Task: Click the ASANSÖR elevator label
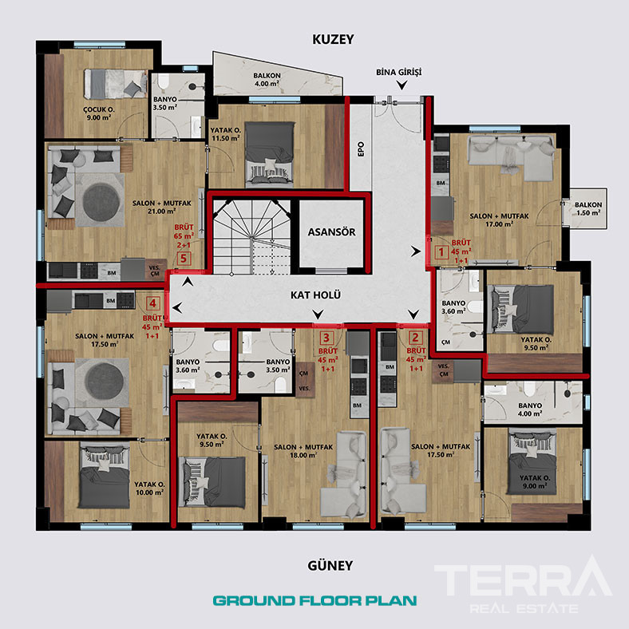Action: coord(330,233)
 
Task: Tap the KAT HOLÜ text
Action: coord(315,295)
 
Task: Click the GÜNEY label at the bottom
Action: coord(330,565)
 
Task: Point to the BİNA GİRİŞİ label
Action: coord(398,72)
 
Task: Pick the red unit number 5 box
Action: coord(184,258)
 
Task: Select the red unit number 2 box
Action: coord(415,338)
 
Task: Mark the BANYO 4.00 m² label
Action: coord(529,409)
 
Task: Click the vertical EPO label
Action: coord(360,149)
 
